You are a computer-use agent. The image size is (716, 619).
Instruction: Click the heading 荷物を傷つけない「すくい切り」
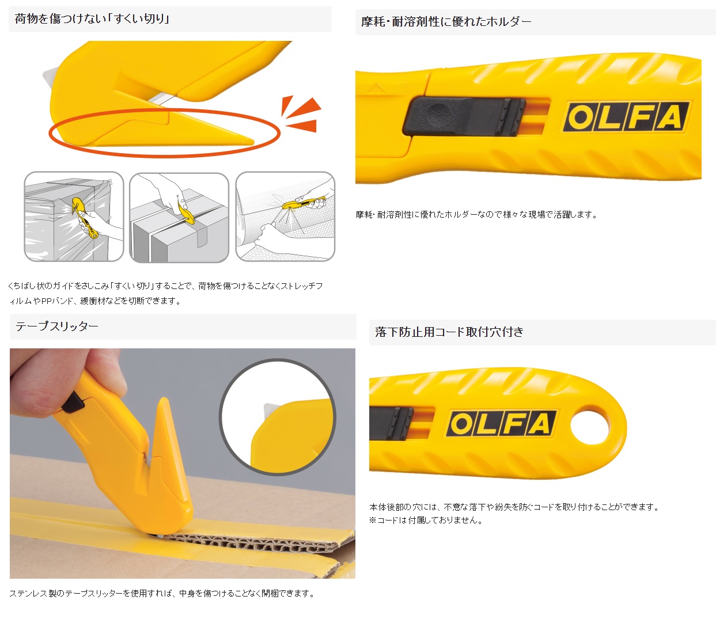coord(92,19)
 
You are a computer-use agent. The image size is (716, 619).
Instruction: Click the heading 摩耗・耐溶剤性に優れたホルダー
coord(446,22)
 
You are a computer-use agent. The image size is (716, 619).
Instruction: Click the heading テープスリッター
coord(57,326)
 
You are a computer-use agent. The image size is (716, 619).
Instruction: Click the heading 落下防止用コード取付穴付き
coord(449,332)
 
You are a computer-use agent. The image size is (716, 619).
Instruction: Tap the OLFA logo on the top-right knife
coord(626,117)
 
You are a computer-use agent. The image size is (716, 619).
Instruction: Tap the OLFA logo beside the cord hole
coord(501,424)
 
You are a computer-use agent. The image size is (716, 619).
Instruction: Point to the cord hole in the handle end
coord(589,427)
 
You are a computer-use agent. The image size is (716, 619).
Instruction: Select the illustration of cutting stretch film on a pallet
coord(74,217)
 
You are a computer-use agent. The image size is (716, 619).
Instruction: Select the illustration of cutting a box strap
coord(179,217)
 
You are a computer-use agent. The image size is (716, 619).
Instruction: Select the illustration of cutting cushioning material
coord(285,217)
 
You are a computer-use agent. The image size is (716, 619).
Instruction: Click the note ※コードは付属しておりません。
coord(426,521)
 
